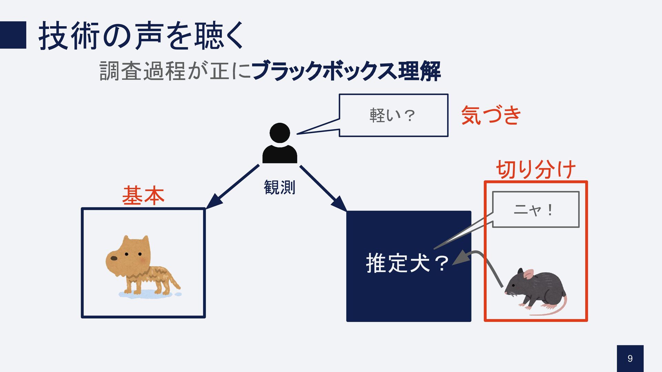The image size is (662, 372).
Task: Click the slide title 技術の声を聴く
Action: pos(141,36)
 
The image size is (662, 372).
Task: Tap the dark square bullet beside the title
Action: pos(13,35)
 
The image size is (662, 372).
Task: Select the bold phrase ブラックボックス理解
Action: pos(346,71)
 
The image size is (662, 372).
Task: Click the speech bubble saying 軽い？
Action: pos(393,115)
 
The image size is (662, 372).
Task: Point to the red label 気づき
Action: pos(491,115)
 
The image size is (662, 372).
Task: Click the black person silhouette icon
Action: pos(280,143)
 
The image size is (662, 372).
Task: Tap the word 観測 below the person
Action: pos(279,188)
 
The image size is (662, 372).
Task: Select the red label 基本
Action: pos(143,195)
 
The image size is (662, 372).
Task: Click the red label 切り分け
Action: pos(536,169)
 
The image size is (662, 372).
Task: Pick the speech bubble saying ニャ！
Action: pos(535,209)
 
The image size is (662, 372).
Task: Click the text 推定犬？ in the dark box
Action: pos(407,263)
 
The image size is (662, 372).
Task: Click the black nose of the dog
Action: pos(113,258)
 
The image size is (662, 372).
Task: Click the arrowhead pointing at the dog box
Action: pos(213,202)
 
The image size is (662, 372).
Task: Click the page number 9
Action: pos(630,359)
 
